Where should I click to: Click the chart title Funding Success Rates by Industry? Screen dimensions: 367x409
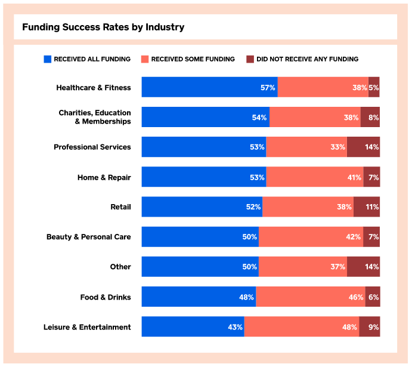point(103,27)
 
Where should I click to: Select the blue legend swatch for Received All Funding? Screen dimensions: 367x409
point(48,59)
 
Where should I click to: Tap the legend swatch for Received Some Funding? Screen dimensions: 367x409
point(145,59)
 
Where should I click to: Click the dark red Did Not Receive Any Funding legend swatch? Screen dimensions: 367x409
point(250,59)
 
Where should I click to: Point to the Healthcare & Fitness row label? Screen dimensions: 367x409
point(93,88)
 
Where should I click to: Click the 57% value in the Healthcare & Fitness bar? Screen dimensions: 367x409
point(268,88)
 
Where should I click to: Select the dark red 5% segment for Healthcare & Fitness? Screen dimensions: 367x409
point(374,88)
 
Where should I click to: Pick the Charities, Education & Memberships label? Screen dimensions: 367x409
point(94,117)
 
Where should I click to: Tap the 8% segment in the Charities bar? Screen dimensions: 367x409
point(370,118)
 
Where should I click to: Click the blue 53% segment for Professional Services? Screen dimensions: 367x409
point(204,147)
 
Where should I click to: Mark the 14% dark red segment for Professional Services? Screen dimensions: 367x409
point(363,147)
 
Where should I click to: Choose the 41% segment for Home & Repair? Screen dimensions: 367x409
point(315,177)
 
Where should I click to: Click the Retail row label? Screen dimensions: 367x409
point(120,207)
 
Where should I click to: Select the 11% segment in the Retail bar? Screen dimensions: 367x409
point(367,207)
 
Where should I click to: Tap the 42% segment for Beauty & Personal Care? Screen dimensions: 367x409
point(311,237)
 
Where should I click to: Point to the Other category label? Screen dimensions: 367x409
point(120,267)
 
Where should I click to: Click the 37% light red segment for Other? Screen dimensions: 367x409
point(303,267)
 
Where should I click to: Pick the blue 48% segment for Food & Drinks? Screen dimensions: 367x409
point(199,297)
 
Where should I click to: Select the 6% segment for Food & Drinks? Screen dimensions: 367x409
point(373,297)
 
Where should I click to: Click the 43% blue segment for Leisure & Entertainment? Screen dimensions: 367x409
point(193,327)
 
